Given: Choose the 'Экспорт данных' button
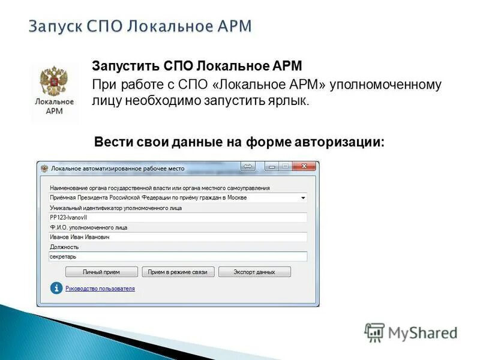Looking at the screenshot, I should point(254,272).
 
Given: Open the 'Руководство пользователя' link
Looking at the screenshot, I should point(100,289).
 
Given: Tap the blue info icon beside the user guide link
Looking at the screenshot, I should point(56,289).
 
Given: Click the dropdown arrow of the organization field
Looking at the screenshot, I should point(303,197).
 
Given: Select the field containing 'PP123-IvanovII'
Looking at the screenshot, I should point(178,217).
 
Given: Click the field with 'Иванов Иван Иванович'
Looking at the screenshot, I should point(178,237).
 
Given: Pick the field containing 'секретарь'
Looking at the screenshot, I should point(178,256).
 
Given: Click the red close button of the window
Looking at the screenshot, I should point(304,167).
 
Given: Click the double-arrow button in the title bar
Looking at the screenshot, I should point(248,167).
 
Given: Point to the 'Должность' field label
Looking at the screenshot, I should point(64,247).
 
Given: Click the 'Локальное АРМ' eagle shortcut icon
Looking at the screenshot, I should point(55,92).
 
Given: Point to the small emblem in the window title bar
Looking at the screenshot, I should point(44,169).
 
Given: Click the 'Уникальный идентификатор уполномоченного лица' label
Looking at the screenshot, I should point(116,208).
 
